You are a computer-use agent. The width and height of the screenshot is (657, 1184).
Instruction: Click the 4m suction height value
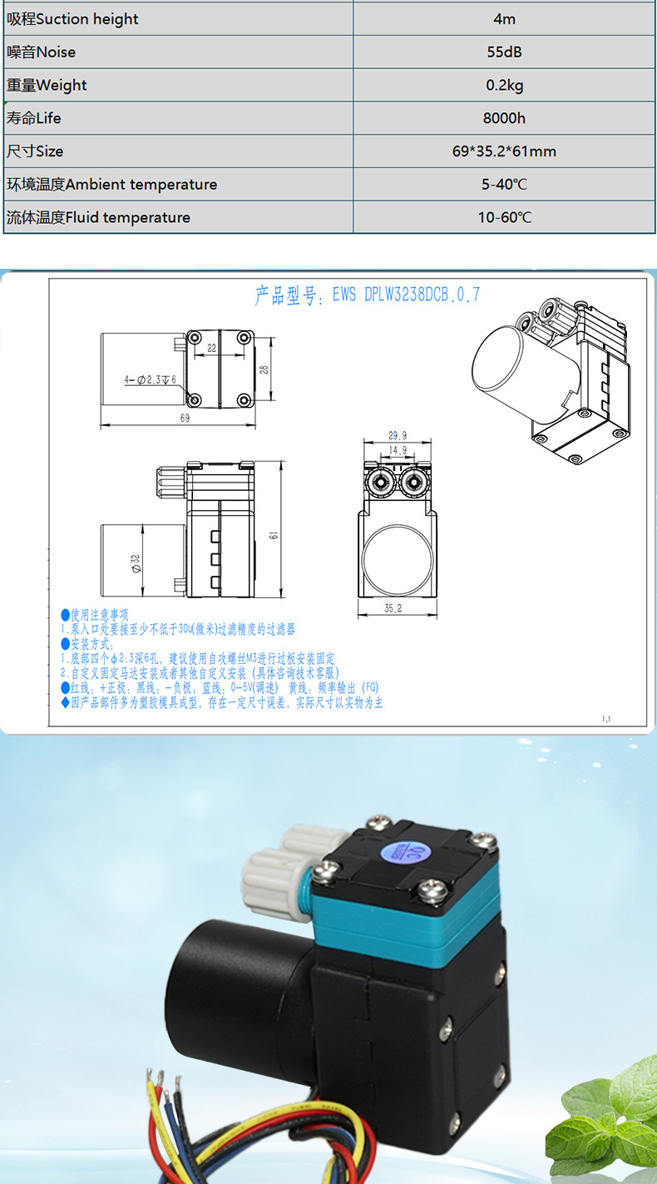point(504,18)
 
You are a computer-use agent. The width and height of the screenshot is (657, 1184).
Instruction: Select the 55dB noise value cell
point(504,52)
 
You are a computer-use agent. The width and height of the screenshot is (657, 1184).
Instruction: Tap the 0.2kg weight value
point(504,85)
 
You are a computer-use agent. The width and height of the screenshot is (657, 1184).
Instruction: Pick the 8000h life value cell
point(504,118)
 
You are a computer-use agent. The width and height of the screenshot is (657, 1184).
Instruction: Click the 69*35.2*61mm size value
point(504,151)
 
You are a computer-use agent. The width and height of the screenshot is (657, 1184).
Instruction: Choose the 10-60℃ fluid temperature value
point(504,218)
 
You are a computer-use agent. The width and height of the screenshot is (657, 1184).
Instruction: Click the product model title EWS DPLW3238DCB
point(367,295)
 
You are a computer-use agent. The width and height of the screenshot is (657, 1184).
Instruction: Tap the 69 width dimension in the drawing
point(184,419)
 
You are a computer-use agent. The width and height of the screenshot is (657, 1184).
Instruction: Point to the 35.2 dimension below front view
point(393,608)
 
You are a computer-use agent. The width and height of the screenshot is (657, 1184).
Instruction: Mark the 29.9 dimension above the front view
point(398,435)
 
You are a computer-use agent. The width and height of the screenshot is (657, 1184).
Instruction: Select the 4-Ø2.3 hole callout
point(151,379)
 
